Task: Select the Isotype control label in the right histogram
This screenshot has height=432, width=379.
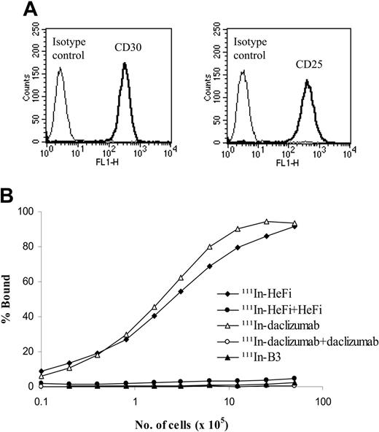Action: (254, 42)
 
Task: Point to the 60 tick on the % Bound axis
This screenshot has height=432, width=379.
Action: (29, 282)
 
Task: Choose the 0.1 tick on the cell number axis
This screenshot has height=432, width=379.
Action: (42, 399)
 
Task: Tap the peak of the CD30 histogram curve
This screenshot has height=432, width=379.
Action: (125, 64)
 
